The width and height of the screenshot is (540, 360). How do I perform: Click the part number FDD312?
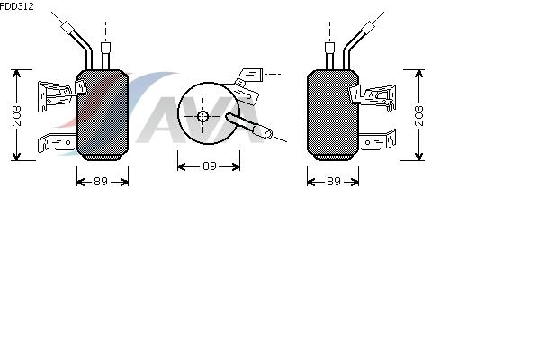tap(16, 6)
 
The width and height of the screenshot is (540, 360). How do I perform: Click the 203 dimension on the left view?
tap(16, 116)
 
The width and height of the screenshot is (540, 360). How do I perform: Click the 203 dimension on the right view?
tap(418, 116)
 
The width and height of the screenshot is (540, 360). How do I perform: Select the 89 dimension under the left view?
tap(101, 181)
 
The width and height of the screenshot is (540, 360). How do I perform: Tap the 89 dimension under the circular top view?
tap(210, 166)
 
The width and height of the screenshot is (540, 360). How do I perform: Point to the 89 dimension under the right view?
tap(333, 181)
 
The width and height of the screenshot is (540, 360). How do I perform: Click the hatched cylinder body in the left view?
tap(103, 112)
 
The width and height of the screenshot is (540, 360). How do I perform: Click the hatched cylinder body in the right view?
tap(333, 112)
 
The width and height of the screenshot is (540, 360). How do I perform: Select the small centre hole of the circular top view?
tap(202, 116)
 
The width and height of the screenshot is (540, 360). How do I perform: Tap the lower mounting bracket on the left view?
tap(58, 142)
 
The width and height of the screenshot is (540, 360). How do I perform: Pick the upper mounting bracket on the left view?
tap(58, 94)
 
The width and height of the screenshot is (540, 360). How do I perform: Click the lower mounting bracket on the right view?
tap(377, 140)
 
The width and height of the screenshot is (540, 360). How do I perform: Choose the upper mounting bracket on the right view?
tap(373, 95)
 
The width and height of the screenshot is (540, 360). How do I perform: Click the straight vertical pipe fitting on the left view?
tap(105, 56)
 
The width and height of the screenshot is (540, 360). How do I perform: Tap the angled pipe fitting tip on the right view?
tap(368, 27)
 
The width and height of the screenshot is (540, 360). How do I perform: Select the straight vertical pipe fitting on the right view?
tap(330, 56)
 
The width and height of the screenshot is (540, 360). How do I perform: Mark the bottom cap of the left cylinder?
tap(103, 157)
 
